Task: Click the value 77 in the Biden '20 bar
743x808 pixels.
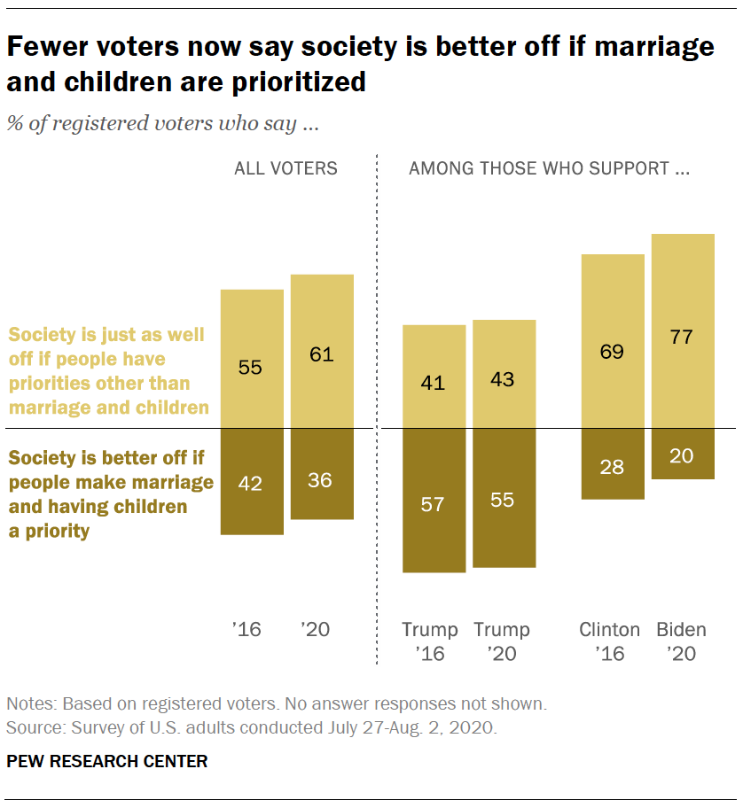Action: click(682, 337)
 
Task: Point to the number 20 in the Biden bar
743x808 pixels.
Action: click(682, 456)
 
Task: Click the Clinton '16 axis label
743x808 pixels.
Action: click(609, 641)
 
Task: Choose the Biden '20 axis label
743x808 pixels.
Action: click(681, 641)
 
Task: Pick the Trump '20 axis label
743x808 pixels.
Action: click(502, 641)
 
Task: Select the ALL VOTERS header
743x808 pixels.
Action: click(285, 168)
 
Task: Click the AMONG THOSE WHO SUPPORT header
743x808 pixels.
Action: click(549, 168)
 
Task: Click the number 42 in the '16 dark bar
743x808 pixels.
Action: click(251, 483)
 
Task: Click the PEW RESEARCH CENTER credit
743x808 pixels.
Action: click(107, 761)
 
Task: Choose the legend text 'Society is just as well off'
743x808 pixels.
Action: click(106, 336)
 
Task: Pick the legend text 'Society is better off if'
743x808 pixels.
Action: click(106, 459)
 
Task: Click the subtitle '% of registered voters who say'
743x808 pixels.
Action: click(163, 122)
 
